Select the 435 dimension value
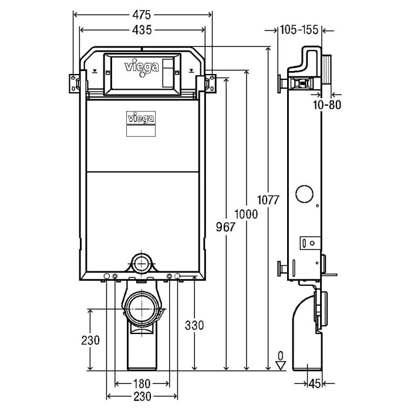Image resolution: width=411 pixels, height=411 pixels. [x=143, y=30]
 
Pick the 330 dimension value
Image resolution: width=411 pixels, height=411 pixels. [x=193, y=325]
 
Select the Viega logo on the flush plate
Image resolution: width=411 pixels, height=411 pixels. [x=143, y=67]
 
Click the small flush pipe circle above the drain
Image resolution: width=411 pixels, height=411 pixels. [x=142, y=260]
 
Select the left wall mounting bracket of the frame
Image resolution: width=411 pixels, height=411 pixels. [x=76, y=82]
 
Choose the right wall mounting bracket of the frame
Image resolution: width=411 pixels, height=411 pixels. [x=209, y=82]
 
